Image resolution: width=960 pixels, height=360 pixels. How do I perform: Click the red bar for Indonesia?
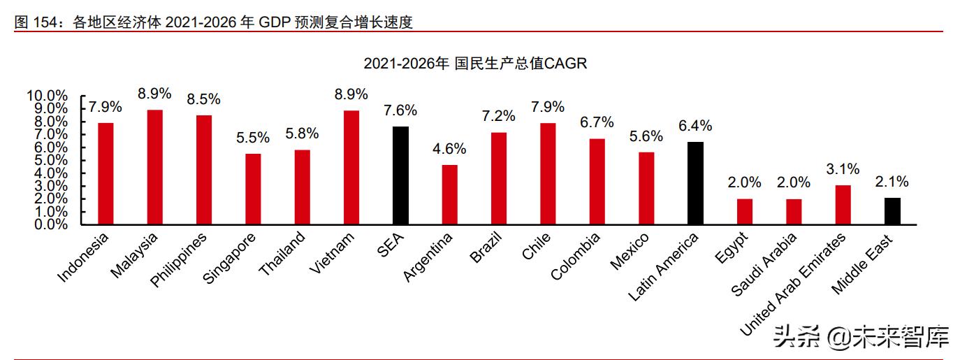(106, 173)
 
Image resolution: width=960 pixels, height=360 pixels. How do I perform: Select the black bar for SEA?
(400, 175)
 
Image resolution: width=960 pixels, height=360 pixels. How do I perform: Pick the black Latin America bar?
(695, 183)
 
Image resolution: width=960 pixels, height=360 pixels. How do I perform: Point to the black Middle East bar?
(892, 210)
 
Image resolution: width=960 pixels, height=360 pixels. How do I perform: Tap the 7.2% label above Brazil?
(498, 117)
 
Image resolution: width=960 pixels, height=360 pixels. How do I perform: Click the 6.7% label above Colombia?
(597, 123)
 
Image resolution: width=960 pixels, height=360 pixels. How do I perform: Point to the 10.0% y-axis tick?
(47, 96)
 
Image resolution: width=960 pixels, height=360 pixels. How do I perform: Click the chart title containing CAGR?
(475, 64)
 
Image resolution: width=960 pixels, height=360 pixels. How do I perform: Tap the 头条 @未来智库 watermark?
(861, 338)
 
